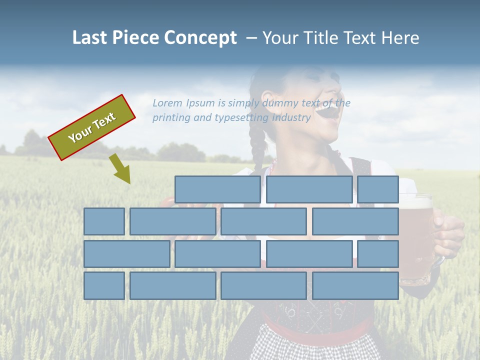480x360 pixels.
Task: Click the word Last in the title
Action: click(x=90, y=38)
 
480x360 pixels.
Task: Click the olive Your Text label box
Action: click(x=92, y=127)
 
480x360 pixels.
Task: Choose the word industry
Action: click(x=291, y=117)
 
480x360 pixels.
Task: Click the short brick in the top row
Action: click(x=378, y=189)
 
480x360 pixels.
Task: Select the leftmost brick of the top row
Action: click(x=217, y=189)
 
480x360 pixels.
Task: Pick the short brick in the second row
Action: click(x=104, y=221)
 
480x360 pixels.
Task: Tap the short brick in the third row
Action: click(x=378, y=254)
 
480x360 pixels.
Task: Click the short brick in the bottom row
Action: click(x=104, y=286)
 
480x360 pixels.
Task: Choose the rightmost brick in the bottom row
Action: click(x=355, y=286)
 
